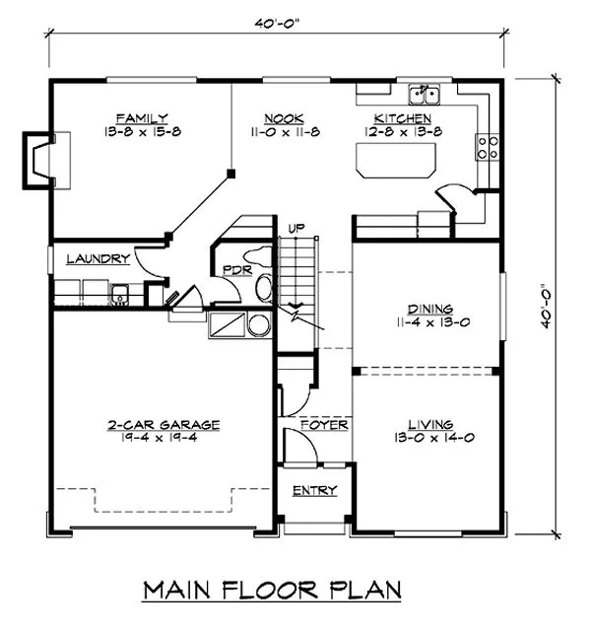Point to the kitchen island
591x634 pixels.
[396, 159]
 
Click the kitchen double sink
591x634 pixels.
[425, 95]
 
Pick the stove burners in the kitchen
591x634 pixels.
[487, 147]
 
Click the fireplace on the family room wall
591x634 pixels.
[37, 158]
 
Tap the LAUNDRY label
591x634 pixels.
[98, 259]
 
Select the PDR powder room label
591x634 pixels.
[234, 269]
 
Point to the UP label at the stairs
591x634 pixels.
[294, 229]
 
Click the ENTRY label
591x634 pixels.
[314, 490]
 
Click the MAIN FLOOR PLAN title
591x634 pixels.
[273, 590]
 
